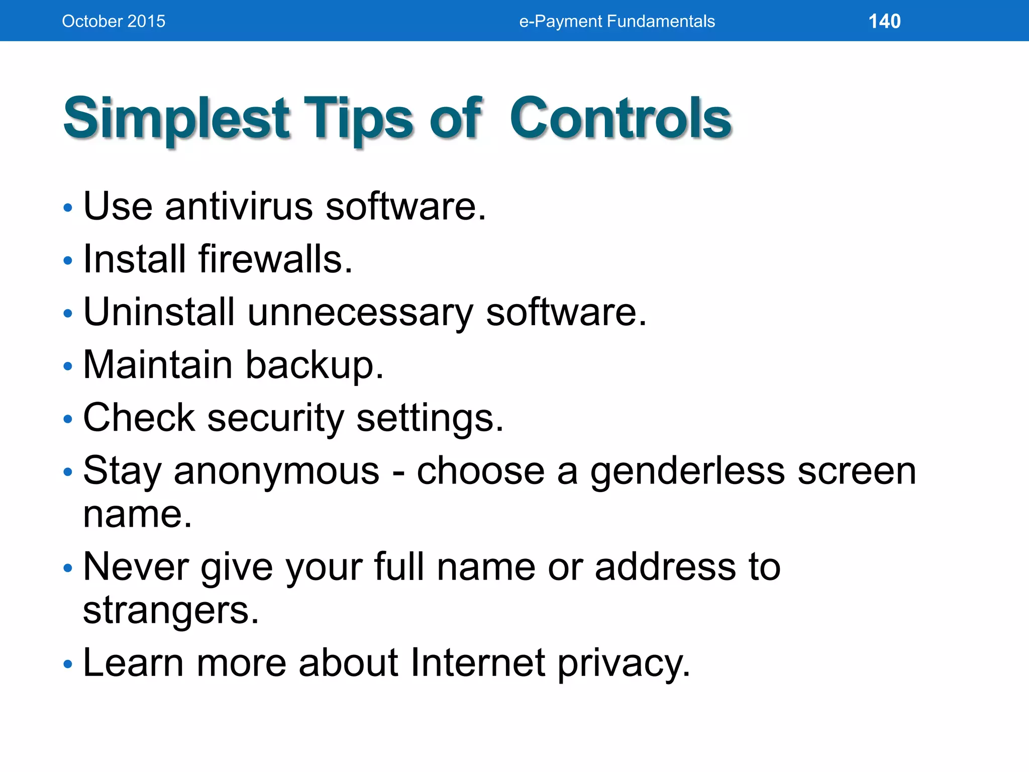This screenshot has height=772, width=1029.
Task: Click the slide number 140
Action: click(x=884, y=21)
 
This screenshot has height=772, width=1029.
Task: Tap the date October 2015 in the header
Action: click(x=114, y=21)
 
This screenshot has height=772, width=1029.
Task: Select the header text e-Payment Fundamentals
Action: click(x=616, y=21)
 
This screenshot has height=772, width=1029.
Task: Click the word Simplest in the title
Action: click(x=176, y=119)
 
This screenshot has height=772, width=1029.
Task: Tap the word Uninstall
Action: click(x=159, y=312)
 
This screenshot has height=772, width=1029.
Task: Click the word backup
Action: click(x=315, y=365)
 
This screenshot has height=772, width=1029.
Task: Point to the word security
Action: click(x=275, y=418)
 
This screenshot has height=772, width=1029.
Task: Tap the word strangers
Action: click(x=171, y=611)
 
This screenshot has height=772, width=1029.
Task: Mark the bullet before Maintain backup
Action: click(x=68, y=366)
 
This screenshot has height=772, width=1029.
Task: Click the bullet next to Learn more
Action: click(x=68, y=664)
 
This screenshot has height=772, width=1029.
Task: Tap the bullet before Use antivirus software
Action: click(x=68, y=208)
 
